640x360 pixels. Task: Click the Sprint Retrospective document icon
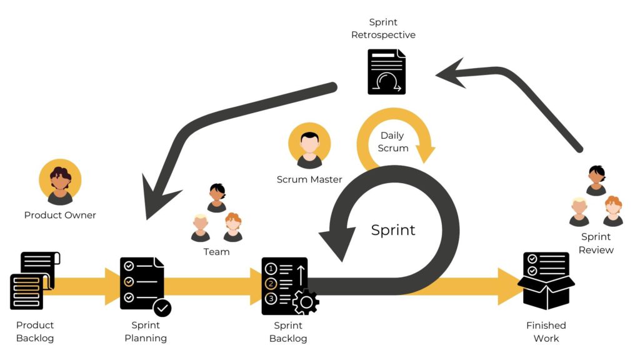point(387,72)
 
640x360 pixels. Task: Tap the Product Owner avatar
point(60,181)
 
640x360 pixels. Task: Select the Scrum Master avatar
point(309,146)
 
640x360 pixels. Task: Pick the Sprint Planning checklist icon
point(143,284)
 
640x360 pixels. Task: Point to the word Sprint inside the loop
point(393,230)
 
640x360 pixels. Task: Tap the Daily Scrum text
point(392,142)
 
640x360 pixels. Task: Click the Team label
point(216,252)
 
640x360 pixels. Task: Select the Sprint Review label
point(596,243)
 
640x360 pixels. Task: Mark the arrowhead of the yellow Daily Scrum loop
point(426,154)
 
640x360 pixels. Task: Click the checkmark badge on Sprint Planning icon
point(162,308)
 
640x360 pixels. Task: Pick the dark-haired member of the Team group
point(217,197)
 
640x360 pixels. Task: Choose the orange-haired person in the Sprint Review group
point(612,211)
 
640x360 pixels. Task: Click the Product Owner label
point(60,215)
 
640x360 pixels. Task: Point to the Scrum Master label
point(309,180)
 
